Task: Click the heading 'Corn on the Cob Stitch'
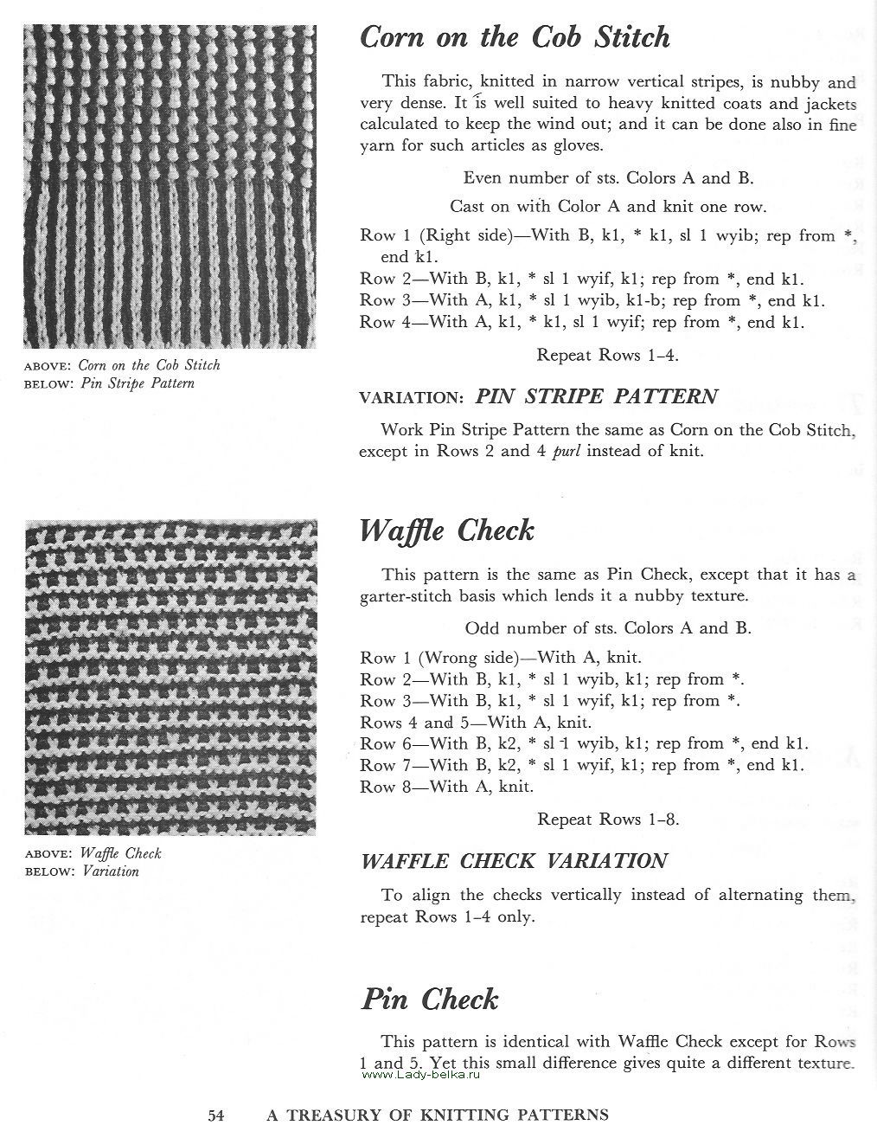515,37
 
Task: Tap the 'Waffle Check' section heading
446,530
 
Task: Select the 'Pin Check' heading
429,1000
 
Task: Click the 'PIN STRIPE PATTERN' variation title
596,397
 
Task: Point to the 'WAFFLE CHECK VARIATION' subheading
514,861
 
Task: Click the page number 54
216,1115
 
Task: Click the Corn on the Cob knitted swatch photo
170,186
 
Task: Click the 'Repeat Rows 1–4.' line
607,355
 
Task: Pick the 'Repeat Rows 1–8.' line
607,819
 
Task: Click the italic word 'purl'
559,451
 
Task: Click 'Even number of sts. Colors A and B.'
608,178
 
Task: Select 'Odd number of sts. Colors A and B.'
608,627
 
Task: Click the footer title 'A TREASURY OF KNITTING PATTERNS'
437,1115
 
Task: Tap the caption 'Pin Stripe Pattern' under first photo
138,383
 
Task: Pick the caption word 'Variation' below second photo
111,871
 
